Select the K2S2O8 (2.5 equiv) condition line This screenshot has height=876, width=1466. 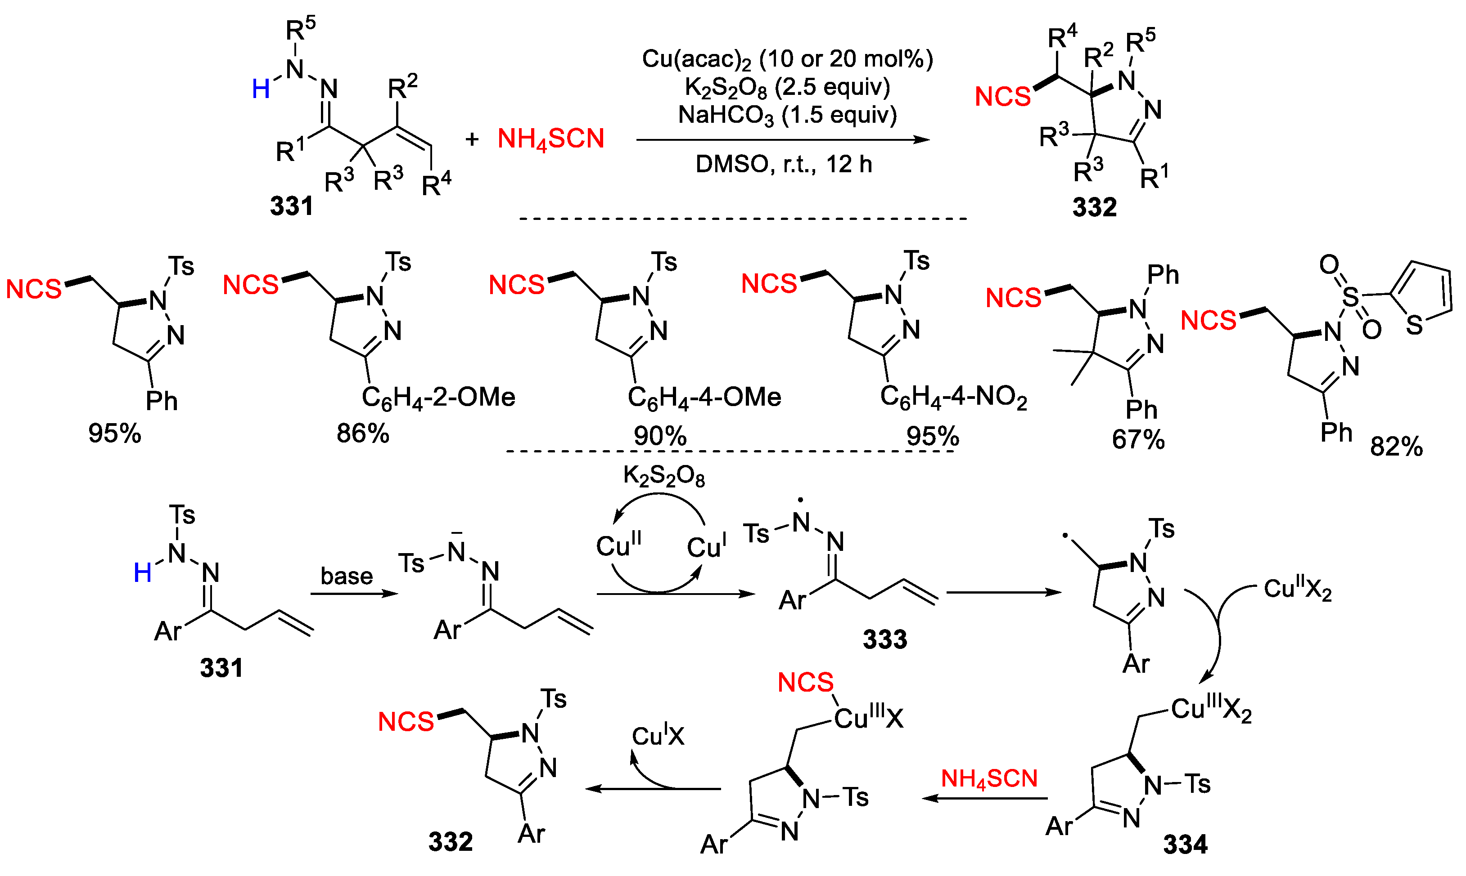click(x=787, y=87)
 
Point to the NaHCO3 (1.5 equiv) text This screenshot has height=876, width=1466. click(x=787, y=115)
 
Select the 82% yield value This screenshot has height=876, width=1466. click(x=1396, y=447)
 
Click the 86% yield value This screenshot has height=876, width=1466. click(x=363, y=434)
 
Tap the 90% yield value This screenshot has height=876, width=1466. click(x=660, y=436)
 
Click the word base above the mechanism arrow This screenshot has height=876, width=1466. click(x=347, y=576)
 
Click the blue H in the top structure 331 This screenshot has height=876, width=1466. click(x=261, y=89)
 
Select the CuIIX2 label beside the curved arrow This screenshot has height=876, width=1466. click(x=1297, y=589)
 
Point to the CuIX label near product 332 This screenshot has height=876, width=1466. click(x=658, y=736)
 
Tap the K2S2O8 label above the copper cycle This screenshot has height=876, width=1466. click(x=664, y=476)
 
